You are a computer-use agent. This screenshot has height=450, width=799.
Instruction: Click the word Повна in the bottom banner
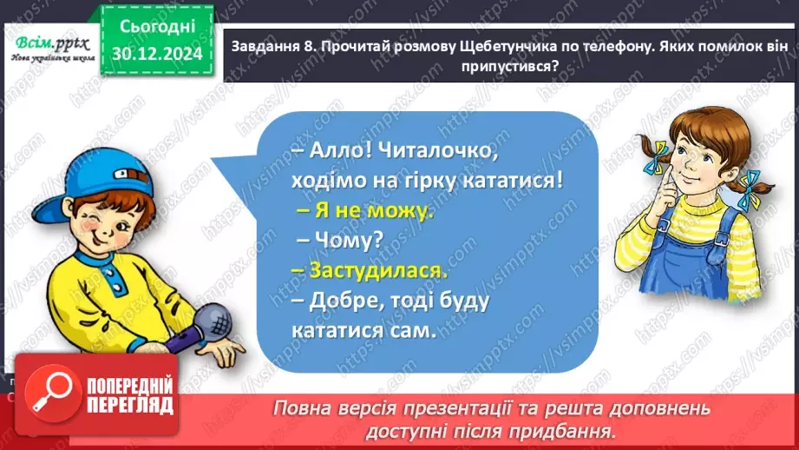[x=305, y=408]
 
